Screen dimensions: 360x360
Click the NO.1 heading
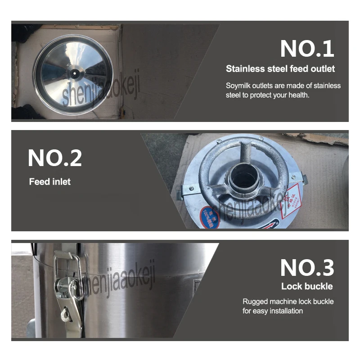[x=307, y=48]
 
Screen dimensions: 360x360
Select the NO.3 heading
[x=307, y=268]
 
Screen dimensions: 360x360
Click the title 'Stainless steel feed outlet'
[x=280, y=69]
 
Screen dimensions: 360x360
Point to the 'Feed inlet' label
[x=50, y=182]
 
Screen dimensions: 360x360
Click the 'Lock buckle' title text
[x=307, y=286]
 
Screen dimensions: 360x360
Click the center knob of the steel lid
[x=73, y=70]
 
